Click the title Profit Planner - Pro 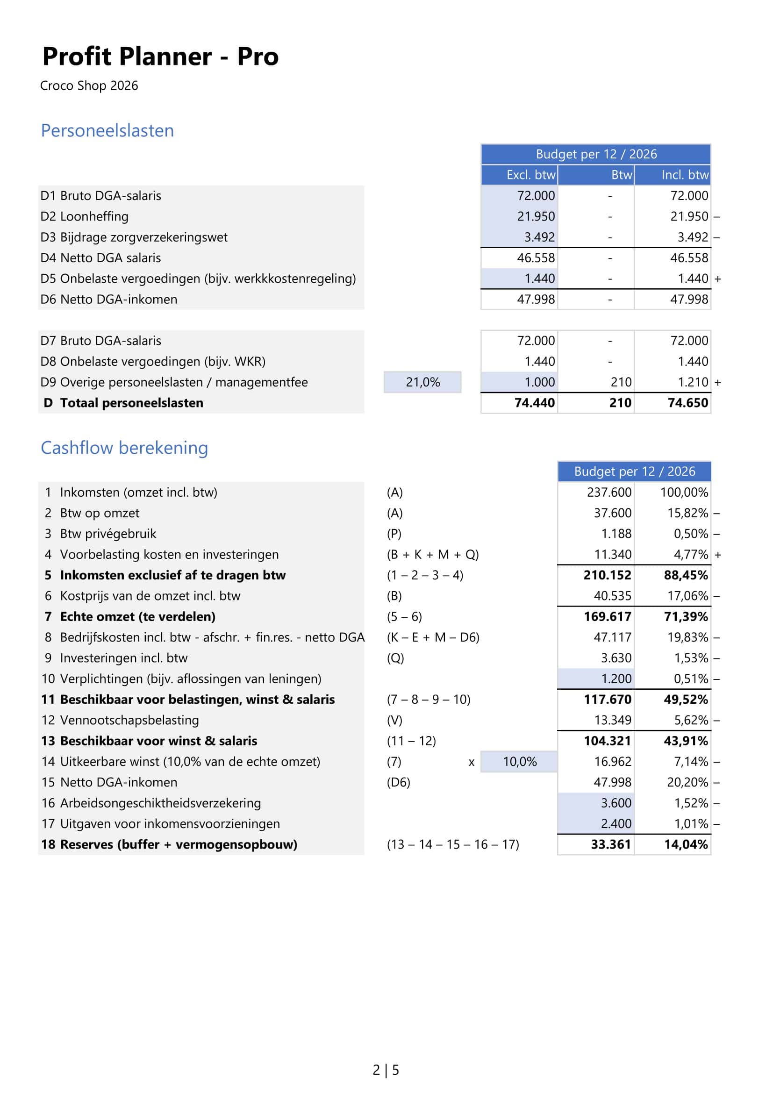pos(160,57)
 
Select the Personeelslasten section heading pos(107,130)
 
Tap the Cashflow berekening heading pos(124,448)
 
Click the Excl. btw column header pos(531,175)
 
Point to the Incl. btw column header pos(685,175)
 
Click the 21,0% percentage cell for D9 pos(422,382)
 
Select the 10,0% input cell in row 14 pos(519,762)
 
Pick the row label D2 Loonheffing pos(85,216)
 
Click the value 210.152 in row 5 pos(607,575)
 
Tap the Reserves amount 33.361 pos(611,844)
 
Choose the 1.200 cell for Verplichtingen pos(616,679)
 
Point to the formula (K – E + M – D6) pos(433,637)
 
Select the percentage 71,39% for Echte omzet pos(686,616)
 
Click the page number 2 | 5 pos(386,1070)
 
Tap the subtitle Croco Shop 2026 pos(89,86)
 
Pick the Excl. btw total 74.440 pos(534,403)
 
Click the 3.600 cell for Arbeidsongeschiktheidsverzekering pos(616,803)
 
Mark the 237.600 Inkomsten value pos(609,492)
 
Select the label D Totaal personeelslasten pos(124,403)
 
